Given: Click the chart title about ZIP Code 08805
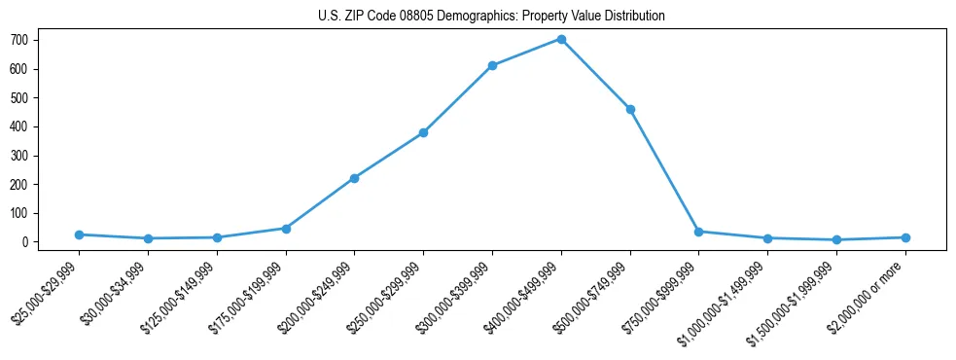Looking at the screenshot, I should coord(491,16).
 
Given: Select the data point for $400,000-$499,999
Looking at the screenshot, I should coord(561,39).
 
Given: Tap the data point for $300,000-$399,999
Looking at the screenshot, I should coord(492,65).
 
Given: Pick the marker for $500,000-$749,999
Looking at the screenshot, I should coord(630,110).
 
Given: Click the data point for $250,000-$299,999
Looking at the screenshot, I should coord(423,132).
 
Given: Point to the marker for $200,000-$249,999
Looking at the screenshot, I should coord(354,178).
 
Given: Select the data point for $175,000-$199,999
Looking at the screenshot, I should coord(286,229).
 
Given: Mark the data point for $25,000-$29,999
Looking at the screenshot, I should coord(79,234).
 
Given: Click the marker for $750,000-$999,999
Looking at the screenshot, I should coord(699,232).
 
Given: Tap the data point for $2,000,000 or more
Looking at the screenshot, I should coord(905,237).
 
